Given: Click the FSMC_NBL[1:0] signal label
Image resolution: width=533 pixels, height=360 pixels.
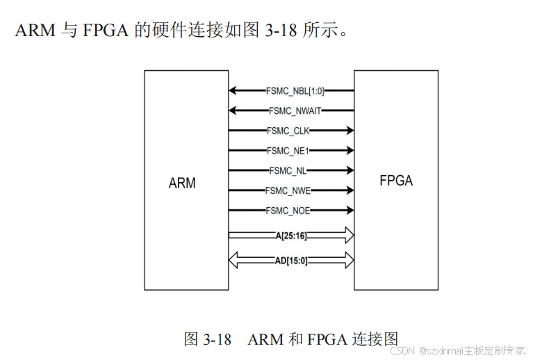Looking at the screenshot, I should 295,90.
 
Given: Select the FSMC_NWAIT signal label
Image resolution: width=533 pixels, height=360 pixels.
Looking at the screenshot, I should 295,111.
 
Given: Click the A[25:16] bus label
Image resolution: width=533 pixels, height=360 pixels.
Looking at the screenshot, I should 291,236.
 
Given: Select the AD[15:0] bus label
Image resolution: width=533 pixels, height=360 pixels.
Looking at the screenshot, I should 291,261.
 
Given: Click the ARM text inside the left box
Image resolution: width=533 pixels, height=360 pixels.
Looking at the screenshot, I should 182,183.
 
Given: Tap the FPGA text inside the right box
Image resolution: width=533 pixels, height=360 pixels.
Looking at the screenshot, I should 396,181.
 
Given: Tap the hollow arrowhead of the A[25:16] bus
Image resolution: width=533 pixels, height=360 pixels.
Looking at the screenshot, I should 347,236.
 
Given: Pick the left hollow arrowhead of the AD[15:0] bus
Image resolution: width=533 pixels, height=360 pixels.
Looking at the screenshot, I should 235,261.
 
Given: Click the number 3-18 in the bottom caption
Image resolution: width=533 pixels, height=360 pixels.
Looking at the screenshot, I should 216,339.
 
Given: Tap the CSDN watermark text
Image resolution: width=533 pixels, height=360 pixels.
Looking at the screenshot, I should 402,350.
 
